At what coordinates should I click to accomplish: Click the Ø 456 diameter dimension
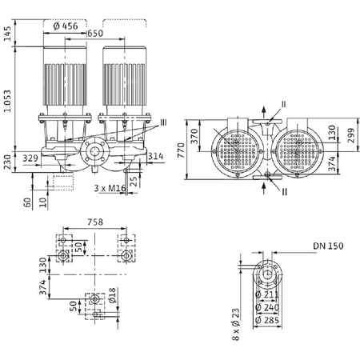(x=66, y=26)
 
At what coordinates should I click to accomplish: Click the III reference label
(x=163, y=122)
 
